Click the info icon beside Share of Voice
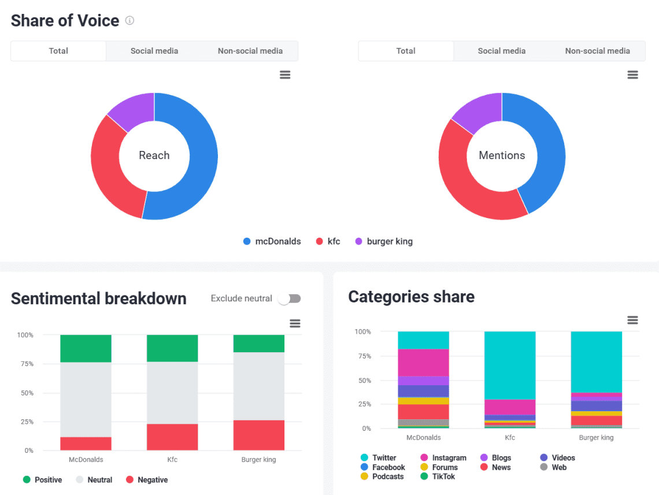(x=130, y=21)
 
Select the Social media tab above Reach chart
(x=154, y=51)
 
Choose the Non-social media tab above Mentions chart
(x=597, y=51)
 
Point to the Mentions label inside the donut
(x=502, y=156)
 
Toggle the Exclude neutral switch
(x=290, y=298)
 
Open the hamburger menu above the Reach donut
(x=285, y=75)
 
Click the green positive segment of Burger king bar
(x=259, y=343)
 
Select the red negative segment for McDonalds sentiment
(x=86, y=444)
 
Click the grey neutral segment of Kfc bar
(x=172, y=393)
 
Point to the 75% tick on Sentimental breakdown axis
(x=25, y=364)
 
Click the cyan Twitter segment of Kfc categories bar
(x=510, y=365)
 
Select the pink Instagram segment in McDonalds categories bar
(x=423, y=363)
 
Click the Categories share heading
(x=411, y=297)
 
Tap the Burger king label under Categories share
(x=596, y=438)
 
